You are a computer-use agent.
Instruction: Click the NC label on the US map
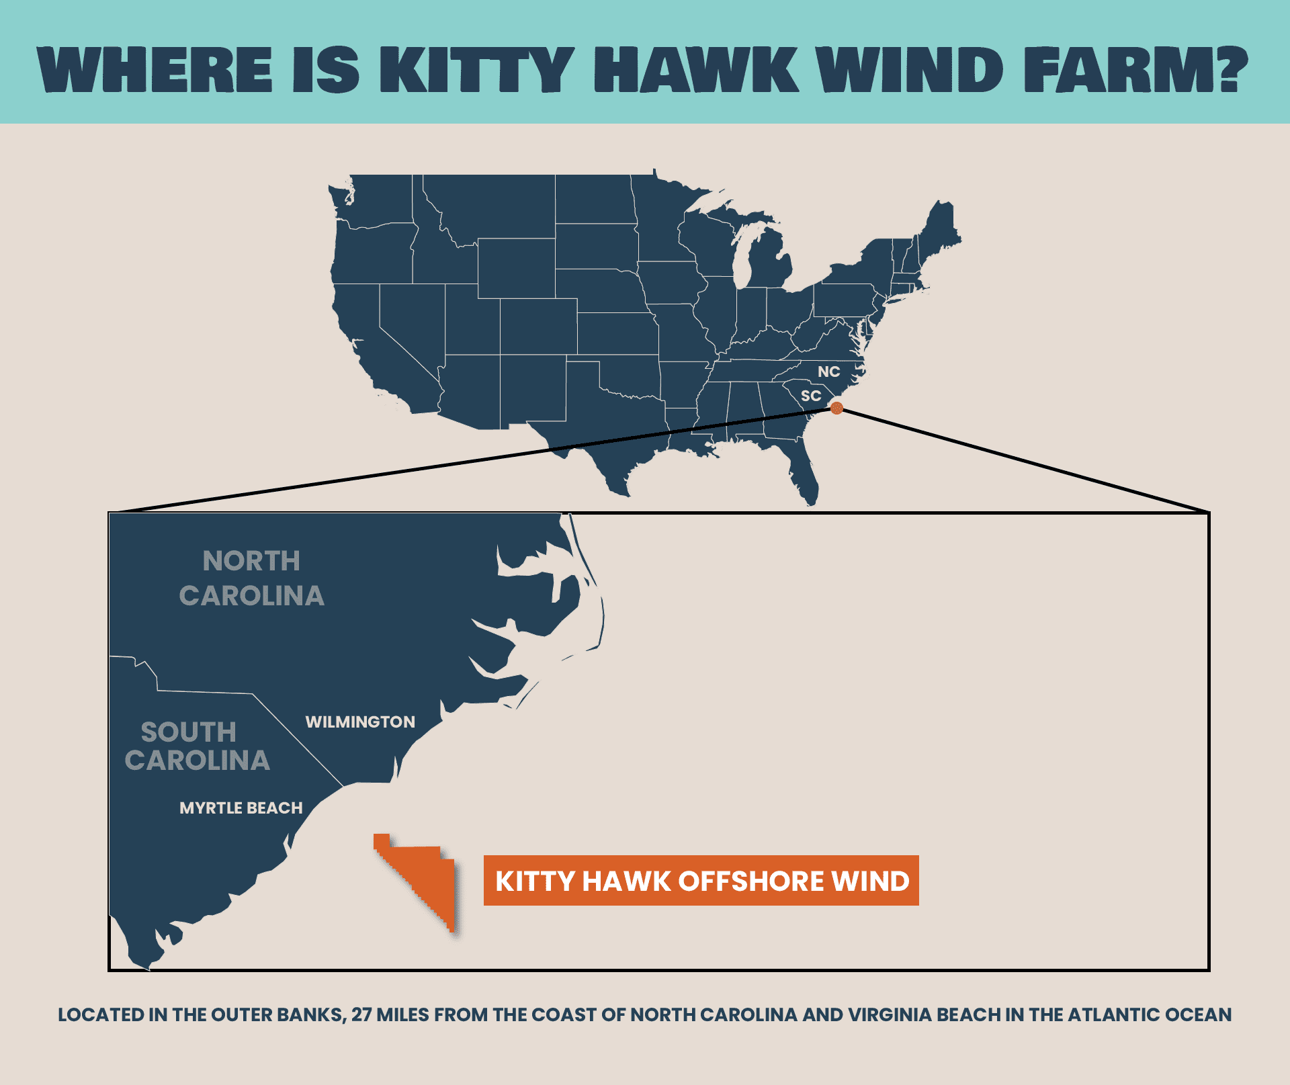[x=828, y=372]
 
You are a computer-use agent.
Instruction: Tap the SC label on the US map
[x=811, y=396]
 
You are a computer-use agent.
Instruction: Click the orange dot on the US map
[x=836, y=408]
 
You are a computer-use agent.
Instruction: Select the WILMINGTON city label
[x=360, y=722]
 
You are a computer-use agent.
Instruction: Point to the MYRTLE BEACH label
[x=241, y=808]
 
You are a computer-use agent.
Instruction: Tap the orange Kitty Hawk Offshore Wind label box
[x=701, y=880]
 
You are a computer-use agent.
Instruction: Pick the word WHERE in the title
[x=155, y=70]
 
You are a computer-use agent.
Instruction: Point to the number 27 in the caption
[x=361, y=1014]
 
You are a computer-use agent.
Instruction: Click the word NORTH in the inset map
[x=251, y=561]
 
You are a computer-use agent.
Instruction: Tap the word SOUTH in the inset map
[x=188, y=732]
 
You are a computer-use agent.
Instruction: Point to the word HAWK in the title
[x=696, y=70]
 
